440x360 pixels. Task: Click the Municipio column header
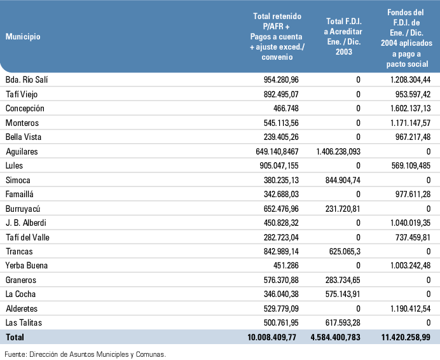point(23,36)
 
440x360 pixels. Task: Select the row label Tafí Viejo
point(22,94)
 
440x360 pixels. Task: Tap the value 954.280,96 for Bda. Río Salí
point(281,80)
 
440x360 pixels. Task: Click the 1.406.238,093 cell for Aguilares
point(338,151)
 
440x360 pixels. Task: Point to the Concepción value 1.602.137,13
point(410,108)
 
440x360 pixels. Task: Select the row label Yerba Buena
point(27,265)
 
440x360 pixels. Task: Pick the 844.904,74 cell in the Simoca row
point(343,180)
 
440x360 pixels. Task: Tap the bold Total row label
point(15,337)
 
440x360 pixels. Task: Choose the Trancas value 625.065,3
point(345,251)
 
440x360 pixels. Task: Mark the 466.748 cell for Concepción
point(285,108)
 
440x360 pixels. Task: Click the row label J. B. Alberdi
point(26,223)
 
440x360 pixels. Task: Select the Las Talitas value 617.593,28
point(343,322)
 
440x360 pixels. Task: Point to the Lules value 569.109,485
point(411,165)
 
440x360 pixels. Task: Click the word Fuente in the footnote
point(15,354)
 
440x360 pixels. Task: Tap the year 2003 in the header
point(344,52)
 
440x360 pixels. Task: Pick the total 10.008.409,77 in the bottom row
point(272,337)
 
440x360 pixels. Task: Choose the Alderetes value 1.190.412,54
point(410,308)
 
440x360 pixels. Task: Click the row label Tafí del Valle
point(27,238)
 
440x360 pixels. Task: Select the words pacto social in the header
point(407,64)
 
